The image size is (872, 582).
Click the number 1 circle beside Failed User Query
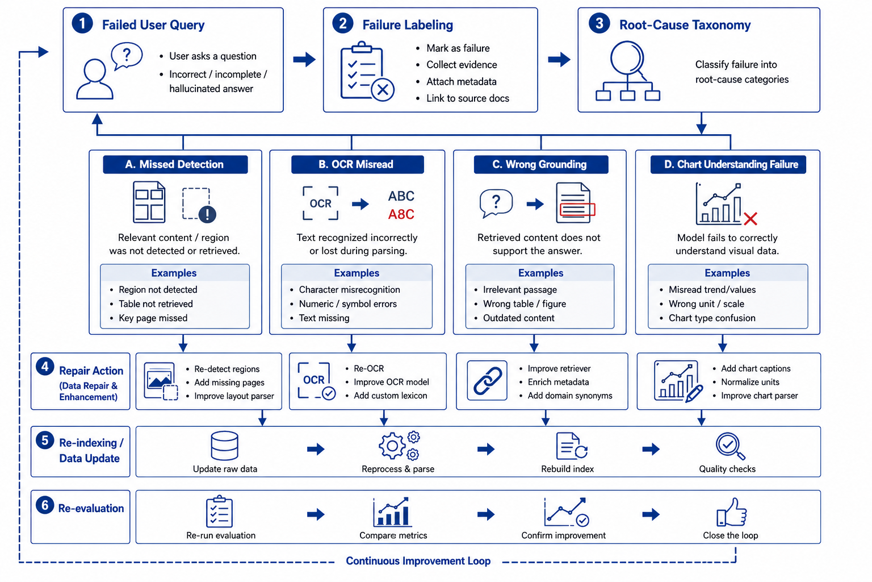82,23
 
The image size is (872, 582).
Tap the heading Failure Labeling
408,25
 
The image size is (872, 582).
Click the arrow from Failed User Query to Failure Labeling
304,59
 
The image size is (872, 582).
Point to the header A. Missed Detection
175,164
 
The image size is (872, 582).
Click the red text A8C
401,214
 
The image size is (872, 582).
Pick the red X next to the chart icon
750,219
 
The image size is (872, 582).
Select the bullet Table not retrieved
156,304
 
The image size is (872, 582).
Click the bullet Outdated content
518,318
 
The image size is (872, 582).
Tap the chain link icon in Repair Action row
488,380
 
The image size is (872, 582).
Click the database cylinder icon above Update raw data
224,446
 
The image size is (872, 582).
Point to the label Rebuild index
567,468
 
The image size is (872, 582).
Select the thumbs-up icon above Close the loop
732,512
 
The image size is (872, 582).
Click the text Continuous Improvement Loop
418,560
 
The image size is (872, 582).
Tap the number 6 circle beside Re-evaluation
45,505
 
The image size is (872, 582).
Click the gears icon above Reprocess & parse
399,446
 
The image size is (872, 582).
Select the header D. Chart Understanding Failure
728,164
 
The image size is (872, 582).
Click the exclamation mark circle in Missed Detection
207,214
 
